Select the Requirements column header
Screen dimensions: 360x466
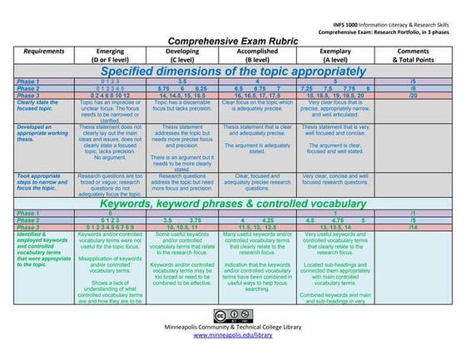tap(39, 51)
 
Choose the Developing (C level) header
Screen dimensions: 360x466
tap(182, 55)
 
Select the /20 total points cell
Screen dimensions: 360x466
tap(413, 96)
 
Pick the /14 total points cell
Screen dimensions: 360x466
tap(413, 227)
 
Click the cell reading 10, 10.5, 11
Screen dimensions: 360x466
tap(182, 227)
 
